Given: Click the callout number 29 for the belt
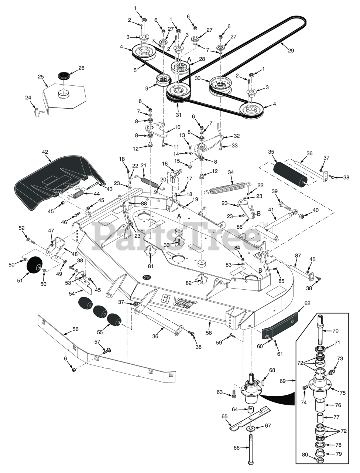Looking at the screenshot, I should point(291,51).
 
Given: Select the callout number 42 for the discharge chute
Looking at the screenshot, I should point(45,152).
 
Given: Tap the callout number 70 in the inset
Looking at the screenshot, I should point(336,331).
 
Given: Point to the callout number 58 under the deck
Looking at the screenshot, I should point(210,323).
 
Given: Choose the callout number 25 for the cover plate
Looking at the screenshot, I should point(41,77).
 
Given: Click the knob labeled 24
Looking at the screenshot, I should point(38,109).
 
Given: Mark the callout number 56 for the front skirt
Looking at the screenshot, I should point(75,329).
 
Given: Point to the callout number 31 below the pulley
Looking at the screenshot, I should point(179,115).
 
